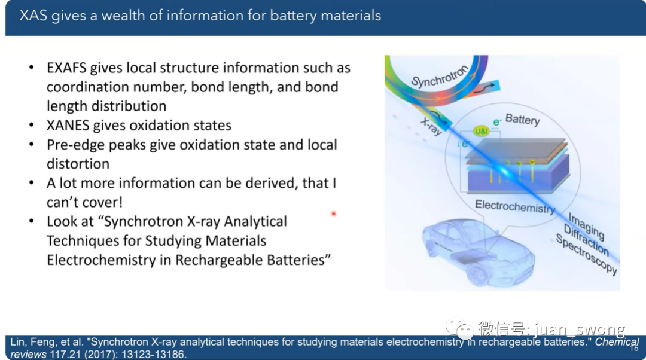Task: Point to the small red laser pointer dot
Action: point(334,213)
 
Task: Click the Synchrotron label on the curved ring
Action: point(440,77)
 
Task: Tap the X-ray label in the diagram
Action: point(431,126)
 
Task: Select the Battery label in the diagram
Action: point(522,120)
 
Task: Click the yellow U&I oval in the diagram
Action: point(481,131)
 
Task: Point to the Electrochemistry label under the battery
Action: point(515,206)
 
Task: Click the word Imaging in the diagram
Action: point(586,226)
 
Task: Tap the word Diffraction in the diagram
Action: point(586,240)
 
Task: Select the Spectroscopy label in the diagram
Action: point(586,254)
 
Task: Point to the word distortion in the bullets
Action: point(78,164)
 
